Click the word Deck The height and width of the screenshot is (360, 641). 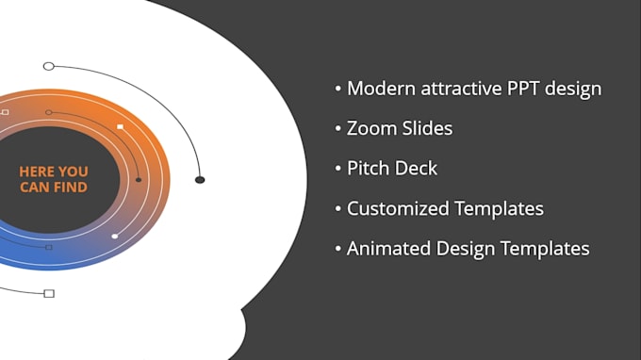pos(418,169)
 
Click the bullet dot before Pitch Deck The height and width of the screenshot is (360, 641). pos(338,170)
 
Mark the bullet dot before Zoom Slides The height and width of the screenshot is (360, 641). pos(338,129)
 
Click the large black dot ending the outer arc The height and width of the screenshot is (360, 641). pos(200,179)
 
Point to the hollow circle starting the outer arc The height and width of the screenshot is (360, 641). pos(49,66)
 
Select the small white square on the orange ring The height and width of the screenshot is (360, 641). pos(120,125)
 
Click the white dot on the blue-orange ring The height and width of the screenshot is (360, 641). pos(115,237)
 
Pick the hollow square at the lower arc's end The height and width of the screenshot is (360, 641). pos(49,293)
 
